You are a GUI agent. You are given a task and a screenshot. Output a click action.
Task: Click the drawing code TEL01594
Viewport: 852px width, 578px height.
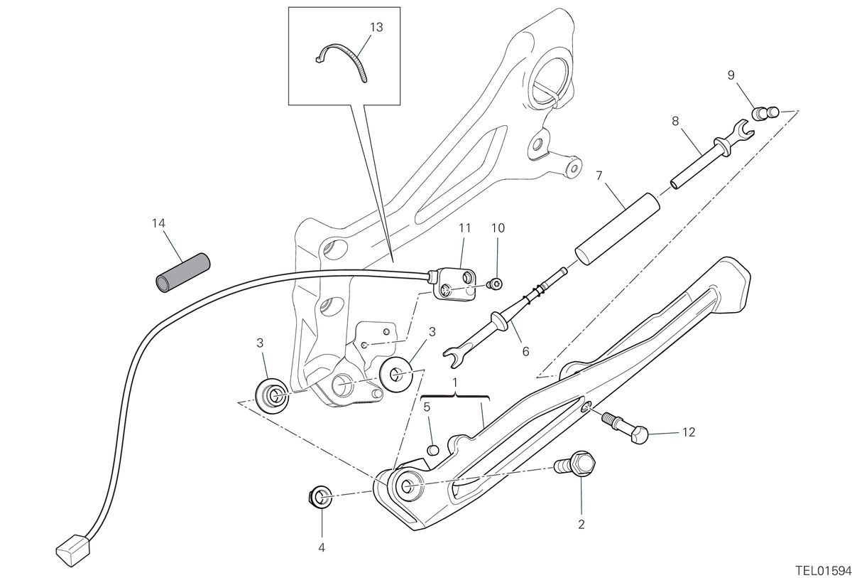(x=824, y=570)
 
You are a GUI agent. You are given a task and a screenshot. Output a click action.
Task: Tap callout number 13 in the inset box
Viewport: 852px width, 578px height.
(x=376, y=28)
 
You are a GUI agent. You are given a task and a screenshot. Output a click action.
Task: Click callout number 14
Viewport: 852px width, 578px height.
(x=158, y=223)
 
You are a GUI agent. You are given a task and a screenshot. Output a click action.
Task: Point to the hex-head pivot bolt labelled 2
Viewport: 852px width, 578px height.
(x=574, y=464)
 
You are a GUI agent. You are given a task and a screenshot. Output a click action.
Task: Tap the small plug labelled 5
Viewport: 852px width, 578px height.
(x=433, y=450)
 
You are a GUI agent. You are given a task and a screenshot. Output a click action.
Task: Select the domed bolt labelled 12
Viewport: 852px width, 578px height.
(x=625, y=429)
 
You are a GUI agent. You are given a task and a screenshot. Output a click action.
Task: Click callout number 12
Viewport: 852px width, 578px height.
(x=689, y=432)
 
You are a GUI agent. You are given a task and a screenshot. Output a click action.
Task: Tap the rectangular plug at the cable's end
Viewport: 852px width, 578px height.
(x=73, y=550)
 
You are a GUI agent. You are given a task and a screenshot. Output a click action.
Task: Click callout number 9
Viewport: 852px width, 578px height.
(x=731, y=75)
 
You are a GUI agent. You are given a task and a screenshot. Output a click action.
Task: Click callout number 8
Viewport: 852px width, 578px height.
(x=675, y=121)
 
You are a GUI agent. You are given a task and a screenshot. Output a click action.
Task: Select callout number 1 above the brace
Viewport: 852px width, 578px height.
(x=455, y=382)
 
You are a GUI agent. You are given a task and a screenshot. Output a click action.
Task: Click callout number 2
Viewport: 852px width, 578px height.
(x=581, y=525)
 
